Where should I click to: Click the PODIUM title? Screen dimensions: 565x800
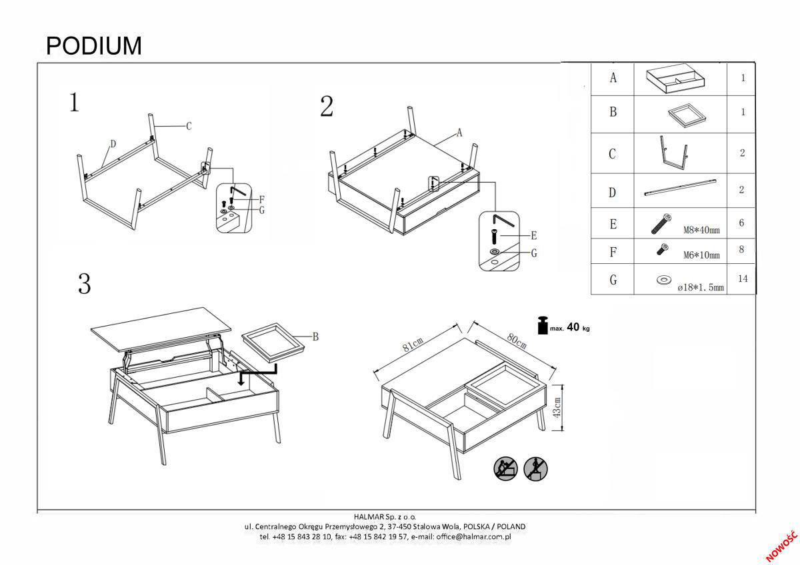94,46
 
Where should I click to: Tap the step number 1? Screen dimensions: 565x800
75,103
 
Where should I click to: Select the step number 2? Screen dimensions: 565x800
327,107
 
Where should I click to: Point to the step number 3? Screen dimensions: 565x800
84,284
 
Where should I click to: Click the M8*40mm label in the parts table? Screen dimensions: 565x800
701,231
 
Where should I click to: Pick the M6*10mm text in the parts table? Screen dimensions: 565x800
701,255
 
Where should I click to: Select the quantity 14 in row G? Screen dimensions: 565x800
743,279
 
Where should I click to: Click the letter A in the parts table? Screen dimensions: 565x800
613,78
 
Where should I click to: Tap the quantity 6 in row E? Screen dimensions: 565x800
741,223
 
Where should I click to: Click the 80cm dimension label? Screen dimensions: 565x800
516,339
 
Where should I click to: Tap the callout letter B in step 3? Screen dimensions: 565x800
315,337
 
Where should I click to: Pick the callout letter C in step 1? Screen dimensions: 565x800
189,126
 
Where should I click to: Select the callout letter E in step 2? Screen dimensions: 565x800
534,236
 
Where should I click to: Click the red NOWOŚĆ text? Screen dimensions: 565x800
781,546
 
